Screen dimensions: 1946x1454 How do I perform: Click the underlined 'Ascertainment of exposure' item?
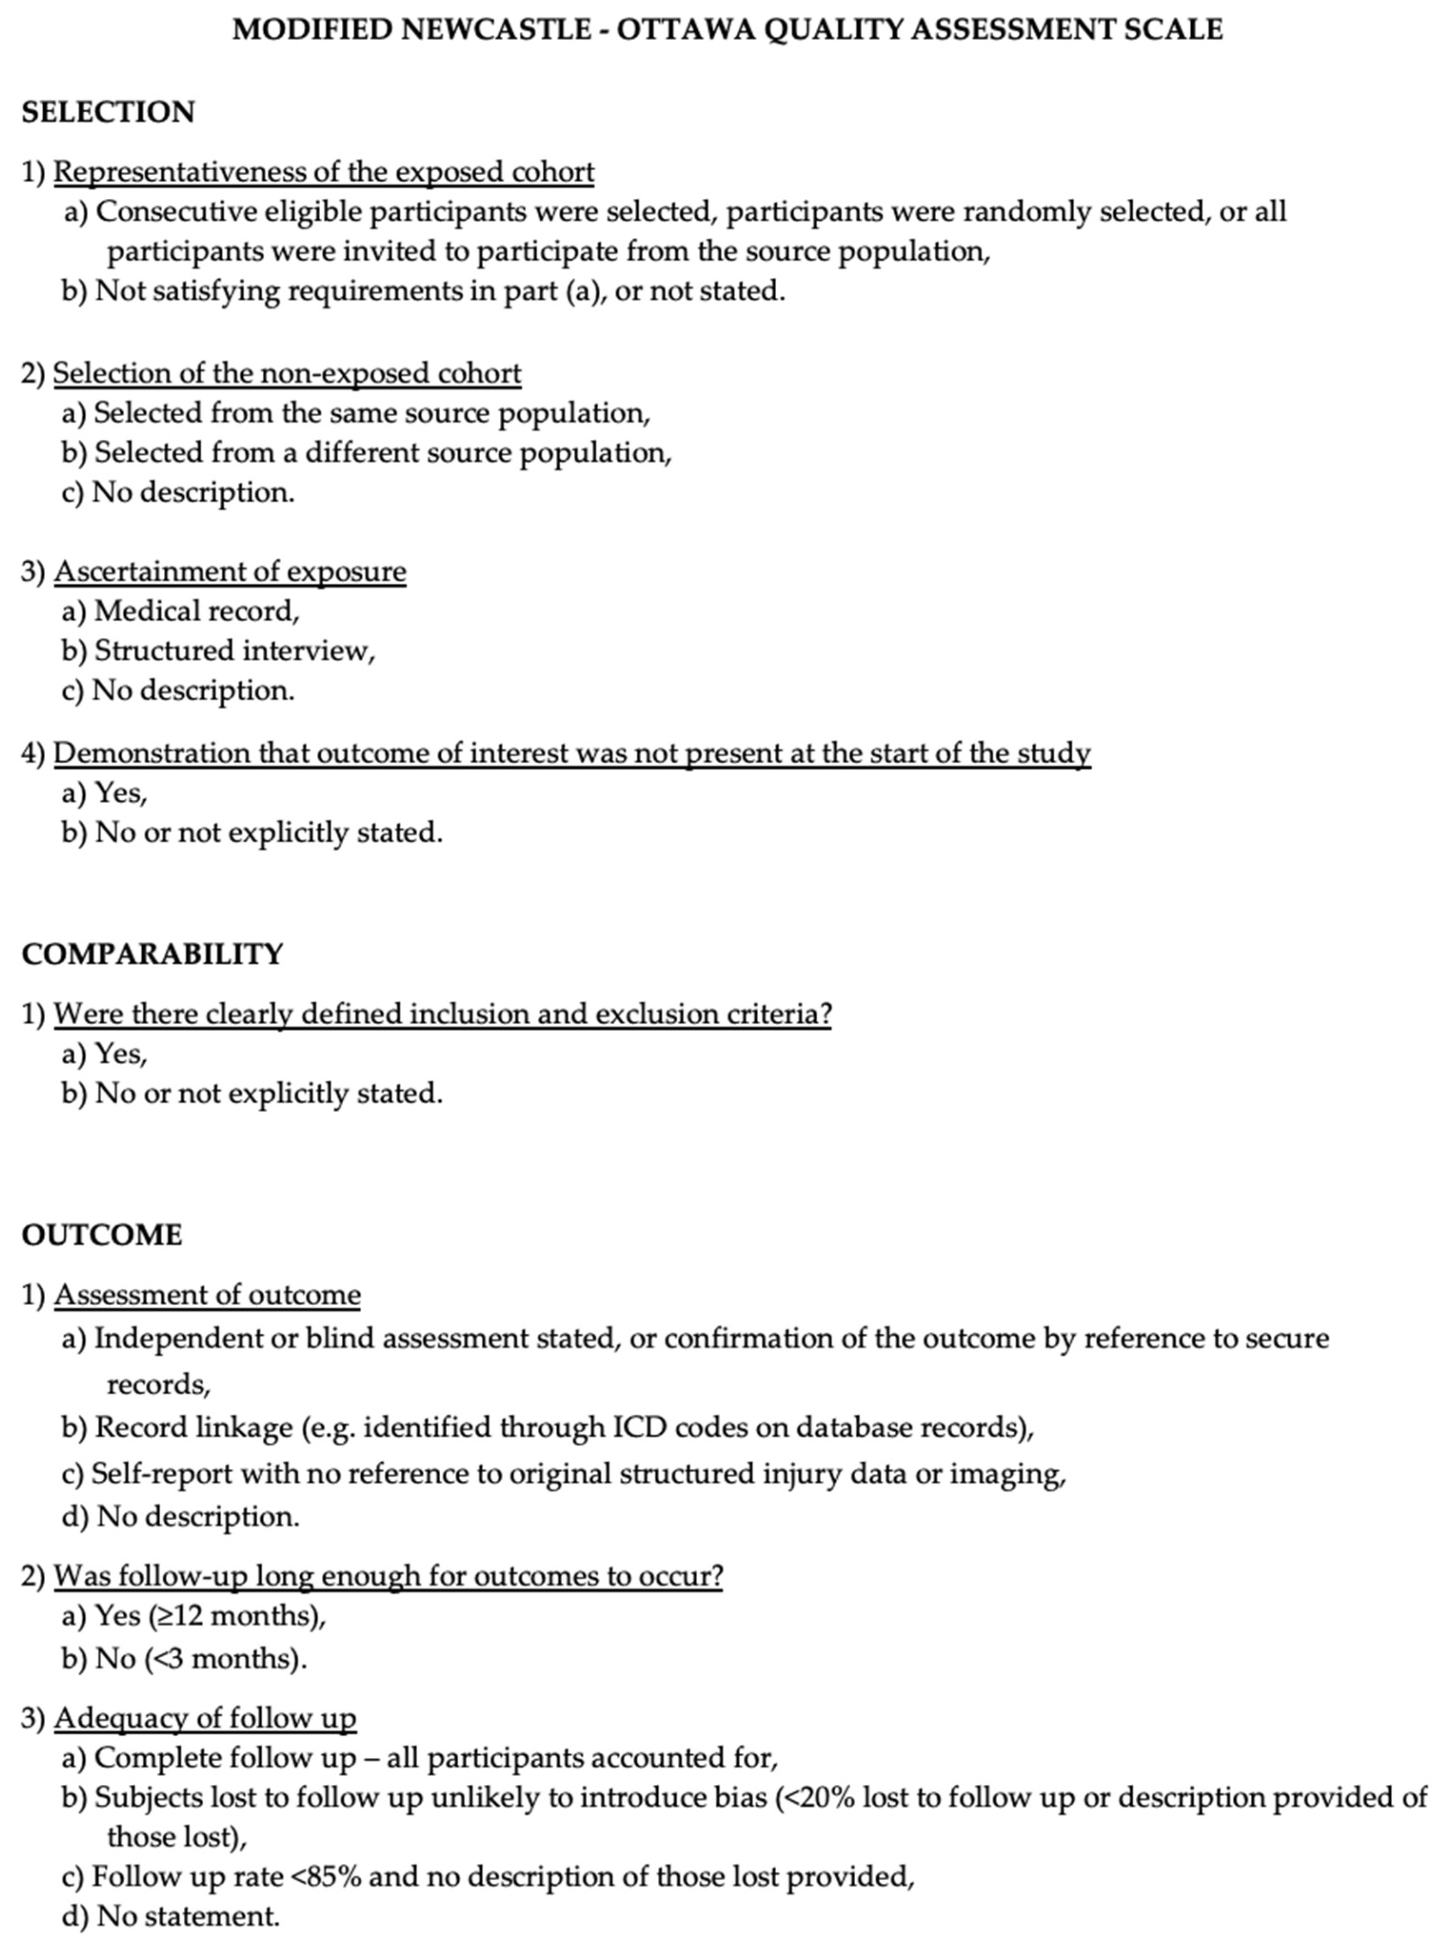230,572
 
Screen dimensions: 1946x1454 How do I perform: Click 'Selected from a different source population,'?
382,453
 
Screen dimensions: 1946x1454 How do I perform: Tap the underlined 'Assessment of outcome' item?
207,1295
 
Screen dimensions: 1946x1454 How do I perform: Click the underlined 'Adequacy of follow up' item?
205,1718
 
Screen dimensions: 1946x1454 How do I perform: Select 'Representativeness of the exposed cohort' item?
324,172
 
